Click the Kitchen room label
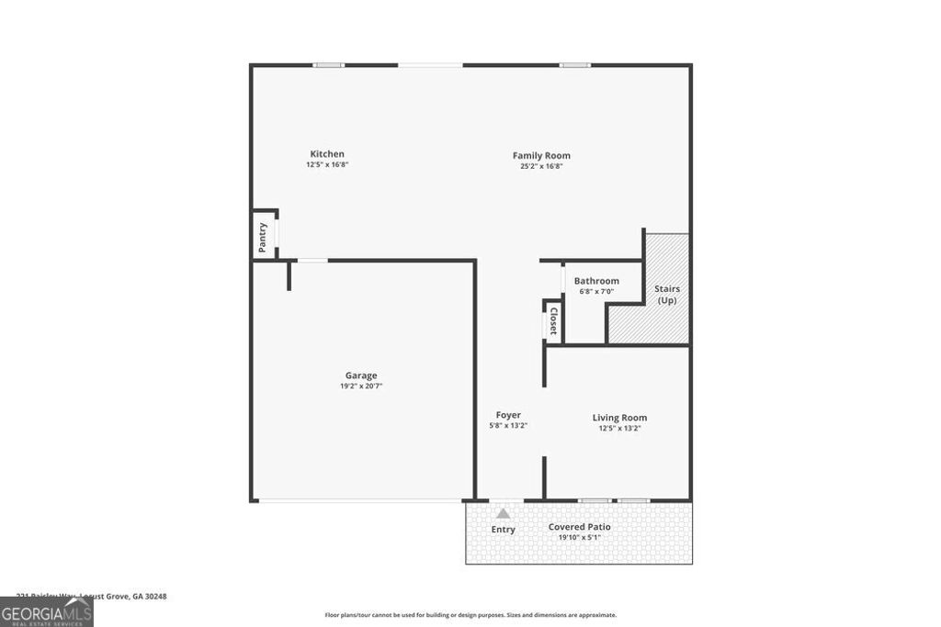click(x=327, y=154)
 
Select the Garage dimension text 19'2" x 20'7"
click(x=361, y=386)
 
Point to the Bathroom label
click(x=596, y=281)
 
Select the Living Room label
click(x=619, y=418)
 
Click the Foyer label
click(x=508, y=415)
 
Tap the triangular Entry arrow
click(x=503, y=514)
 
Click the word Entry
click(x=504, y=530)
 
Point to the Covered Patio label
click(x=579, y=527)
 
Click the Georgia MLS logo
click(x=46, y=611)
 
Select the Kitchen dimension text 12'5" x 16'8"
click(x=327, y=165)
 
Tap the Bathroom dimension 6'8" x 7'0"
click(x=596, y=292)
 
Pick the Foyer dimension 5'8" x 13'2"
click(x=508, y=426)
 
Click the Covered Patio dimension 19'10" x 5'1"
click(x=579, y=538)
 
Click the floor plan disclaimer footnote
click(x=470, y=615)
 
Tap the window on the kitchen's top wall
click(x=328, y=65)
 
